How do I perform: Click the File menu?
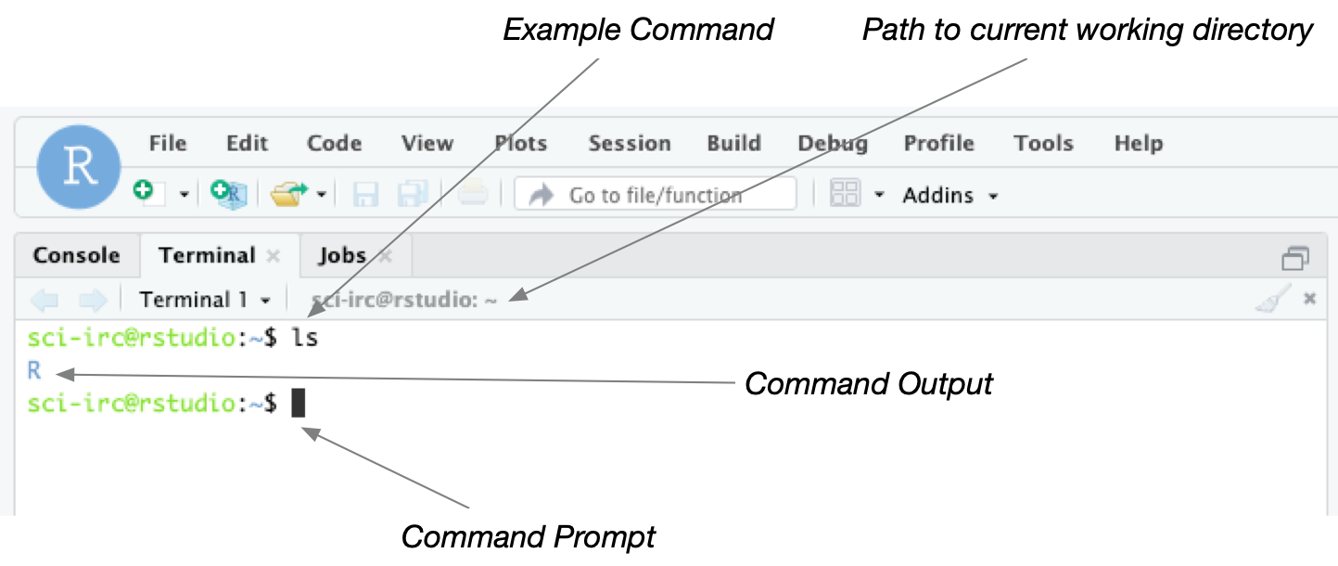tap(168, 144)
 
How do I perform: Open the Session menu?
tap(629, 144)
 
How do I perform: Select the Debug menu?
tap(832, 144)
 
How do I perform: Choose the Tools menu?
tap(1042, 144)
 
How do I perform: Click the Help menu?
tap(1138, 144)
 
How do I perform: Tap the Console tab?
tap(76, 256)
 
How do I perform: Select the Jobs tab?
tap(342, 256)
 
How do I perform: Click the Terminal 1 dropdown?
tap(205, 300)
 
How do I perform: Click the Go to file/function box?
tap(655, 195)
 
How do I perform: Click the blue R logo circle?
tap(79, 167)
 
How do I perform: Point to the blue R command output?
tap(34, 371)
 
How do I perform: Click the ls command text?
tap(305, 339)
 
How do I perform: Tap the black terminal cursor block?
tap(298, 404)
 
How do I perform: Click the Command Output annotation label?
tap(868, 383)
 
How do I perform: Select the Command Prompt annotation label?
tap(528, 537)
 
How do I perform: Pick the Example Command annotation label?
tap(638, 29)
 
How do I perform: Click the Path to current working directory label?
tap(1087, 29)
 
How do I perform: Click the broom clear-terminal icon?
tap(1271, 299)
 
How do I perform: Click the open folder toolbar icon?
tap(287, 195)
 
